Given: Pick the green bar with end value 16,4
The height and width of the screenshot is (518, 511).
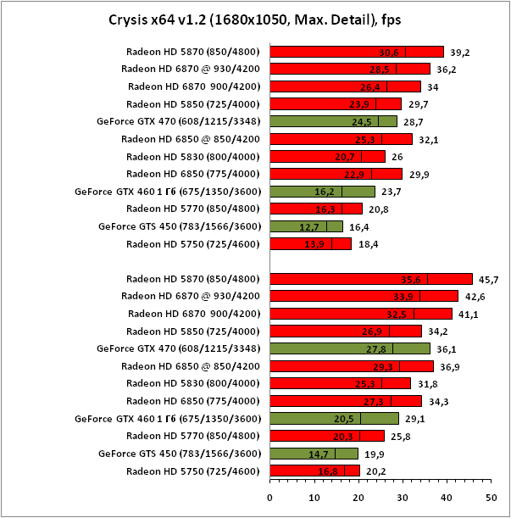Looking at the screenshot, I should coord(307,226).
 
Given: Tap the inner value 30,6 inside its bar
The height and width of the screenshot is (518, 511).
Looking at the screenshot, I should coord(389,52).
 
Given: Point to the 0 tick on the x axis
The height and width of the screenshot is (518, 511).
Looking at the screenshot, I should coord(269,497).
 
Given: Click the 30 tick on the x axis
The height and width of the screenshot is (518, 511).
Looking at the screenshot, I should coord(403,497).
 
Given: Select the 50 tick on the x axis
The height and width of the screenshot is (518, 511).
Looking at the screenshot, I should coord(491,497).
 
